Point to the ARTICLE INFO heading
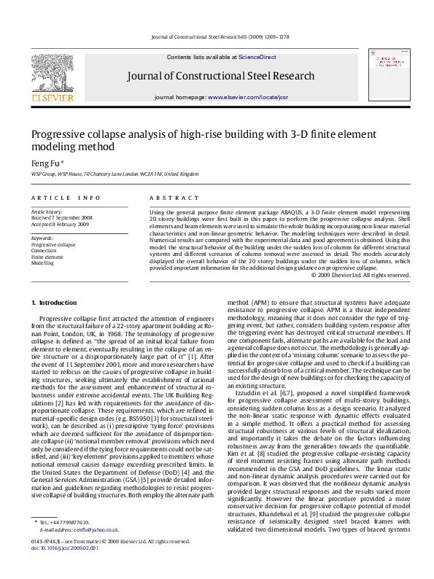66,198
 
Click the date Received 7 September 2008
63,217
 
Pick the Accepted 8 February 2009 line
61,224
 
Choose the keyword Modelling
43,263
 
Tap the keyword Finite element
47,257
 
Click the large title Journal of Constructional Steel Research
221,76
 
